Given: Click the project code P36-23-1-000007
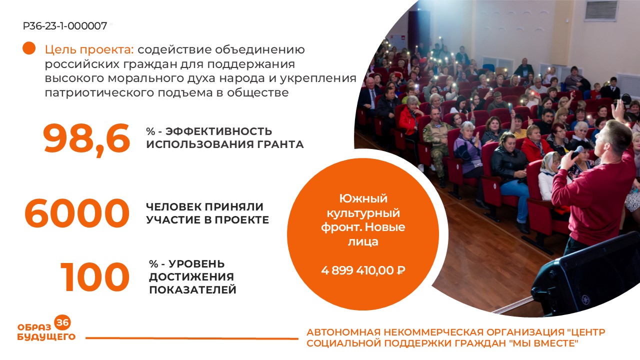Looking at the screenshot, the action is pos(65,26).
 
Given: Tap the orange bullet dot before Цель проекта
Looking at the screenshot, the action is pos(29,48).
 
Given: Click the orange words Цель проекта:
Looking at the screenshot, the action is pos(89,50).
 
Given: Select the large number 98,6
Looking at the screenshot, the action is pos(86,139).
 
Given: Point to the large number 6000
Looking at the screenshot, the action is pos(77,213).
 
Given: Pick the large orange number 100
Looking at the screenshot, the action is pos(94,277).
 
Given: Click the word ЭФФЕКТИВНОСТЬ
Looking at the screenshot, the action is pos(218,131).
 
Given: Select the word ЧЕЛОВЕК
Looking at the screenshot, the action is pos(173,206).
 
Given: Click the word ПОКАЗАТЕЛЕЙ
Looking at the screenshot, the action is pos(192,289).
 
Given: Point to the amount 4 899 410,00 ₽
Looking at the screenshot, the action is pos(363,270).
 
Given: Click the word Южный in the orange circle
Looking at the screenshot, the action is pos(363,198).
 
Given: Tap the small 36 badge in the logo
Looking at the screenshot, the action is pos(62,322).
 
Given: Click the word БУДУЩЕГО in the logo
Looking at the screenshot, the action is pos(46,337).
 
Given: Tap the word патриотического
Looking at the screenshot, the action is pos(99,93).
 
